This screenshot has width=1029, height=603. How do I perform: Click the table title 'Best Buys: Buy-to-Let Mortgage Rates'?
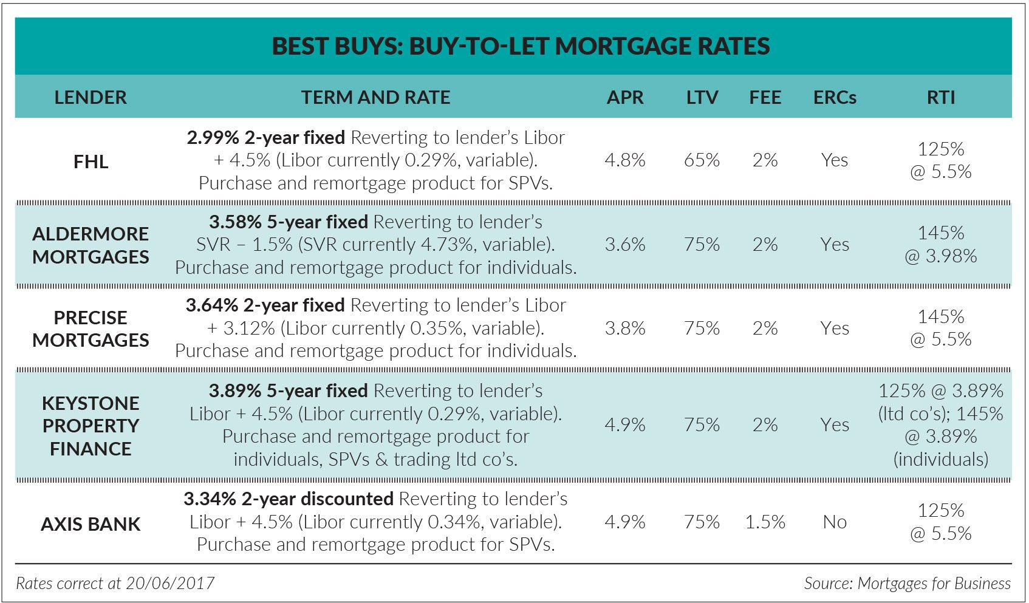pyautogui.click(x=521, y=46)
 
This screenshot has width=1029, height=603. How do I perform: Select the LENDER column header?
pyautogui.click(x=91, y=97)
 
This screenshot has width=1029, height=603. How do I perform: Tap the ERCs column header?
pyautogui.click(x=835, y=97)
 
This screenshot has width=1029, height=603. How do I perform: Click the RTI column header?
pyautogui.click(x=940, y=97)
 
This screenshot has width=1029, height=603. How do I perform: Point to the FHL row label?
pyautogui.click(x=91, y=162)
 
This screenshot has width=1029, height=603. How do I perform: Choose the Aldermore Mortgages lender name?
pyautogui.click(x=91, y=245)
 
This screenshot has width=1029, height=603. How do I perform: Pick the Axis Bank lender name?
pyautogui.click(x=91, y=524)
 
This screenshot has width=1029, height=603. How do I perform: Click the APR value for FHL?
pyautogui.click(x=624, y=160)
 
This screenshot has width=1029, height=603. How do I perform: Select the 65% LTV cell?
pyautogui.click(x=702, y=160)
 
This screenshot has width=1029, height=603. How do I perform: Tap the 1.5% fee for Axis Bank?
pyautogui.click(x=765, y=522)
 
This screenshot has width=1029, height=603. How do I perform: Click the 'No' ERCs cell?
pyautogui.click(x=835, y=522)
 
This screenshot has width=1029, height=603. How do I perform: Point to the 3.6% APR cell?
pyautogui.click(x=624, y=245)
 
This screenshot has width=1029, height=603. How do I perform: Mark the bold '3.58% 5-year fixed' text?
pyautogui.click(x=288, y=222)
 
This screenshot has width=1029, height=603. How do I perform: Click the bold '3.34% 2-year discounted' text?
pyautogui.click(x=289, y=499)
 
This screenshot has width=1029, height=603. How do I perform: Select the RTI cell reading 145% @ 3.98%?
pyautogui.click(x=940, y=245)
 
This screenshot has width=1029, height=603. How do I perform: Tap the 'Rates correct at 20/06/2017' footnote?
pyautogui.click(x=115, y=584)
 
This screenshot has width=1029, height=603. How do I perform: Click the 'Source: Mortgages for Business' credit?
pyautogui.click(x=907, y=584)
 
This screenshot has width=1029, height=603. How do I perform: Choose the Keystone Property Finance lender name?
pyautogui.click(x=91, y=426)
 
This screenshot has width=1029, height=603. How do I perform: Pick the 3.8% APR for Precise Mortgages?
pyautogui.click(x=624, y=329)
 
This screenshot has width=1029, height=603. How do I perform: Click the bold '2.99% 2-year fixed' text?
pyautogui.click(x=265, y=138)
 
